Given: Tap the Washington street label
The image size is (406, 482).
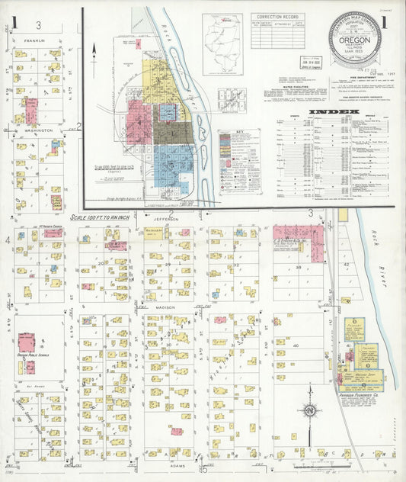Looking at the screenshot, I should coord(38,130).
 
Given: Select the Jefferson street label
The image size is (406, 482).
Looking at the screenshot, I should coord(165,218).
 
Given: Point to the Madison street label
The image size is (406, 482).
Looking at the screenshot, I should coord(166,307).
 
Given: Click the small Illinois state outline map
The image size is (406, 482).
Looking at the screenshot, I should coord(223,34).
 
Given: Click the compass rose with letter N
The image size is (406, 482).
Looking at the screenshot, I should coord(310,412).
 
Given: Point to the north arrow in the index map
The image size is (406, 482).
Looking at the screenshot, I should coord(94,52).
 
